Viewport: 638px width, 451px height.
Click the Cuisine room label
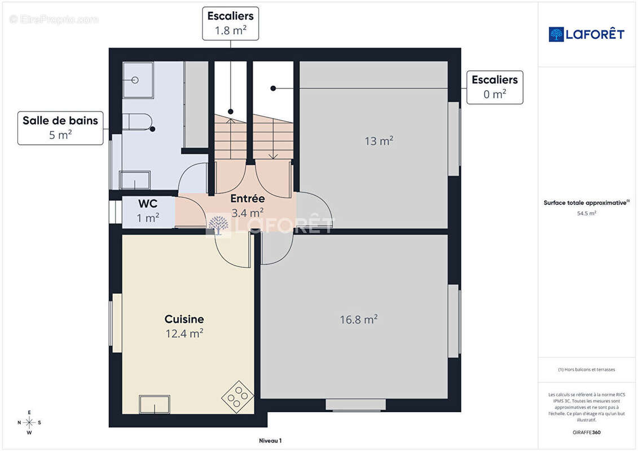point(184,319)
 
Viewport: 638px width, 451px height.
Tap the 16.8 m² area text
point(358,319)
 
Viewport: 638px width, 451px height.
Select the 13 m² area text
point(379,141)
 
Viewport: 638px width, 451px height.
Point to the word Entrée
point(248,198)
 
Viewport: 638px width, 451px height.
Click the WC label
point(148,204)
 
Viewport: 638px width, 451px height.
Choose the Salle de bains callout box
point(60,128)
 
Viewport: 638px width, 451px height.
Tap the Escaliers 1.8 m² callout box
point(230,24)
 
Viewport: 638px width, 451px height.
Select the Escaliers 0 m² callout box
point(495,87)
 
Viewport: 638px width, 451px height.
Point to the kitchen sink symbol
point(155,404)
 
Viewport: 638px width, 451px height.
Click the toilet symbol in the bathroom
point(137,122)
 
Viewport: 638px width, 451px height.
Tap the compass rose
point(29,423)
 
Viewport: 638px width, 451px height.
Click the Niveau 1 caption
point(270,440)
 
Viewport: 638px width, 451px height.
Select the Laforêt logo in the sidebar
point(586,34)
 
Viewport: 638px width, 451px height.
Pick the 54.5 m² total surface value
point(587,213)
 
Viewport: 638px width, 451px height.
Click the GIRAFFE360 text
point(586,432)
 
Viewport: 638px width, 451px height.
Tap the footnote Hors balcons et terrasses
point(586,370)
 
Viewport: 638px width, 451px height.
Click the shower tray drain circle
point(135,79)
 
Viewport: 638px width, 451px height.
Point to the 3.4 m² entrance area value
point(248,213)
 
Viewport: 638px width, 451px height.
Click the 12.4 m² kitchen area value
point(184,334)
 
